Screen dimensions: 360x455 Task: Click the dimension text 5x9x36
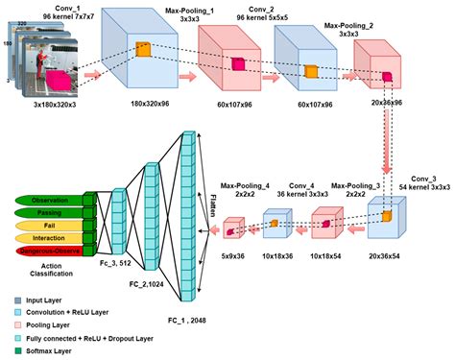(x=234, y=256)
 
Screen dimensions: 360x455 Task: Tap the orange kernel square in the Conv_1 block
(x=143, y=50)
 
